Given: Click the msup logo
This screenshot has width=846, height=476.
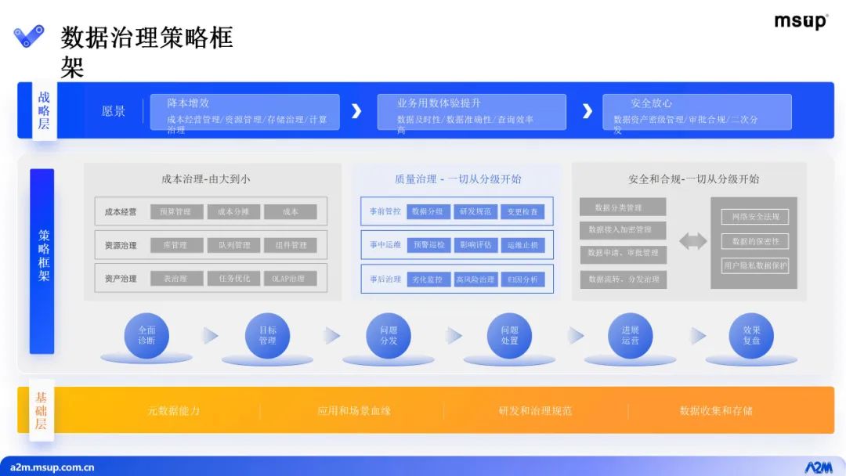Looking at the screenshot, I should pyautogui.click(x=801, y=21).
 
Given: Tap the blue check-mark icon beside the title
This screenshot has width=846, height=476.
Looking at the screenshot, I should pyautogui.click(x=29, y=36).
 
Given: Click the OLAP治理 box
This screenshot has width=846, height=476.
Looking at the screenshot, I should pyautogui.click(x=290, y=279).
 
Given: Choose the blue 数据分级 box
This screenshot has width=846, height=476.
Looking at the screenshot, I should pyautogui.click(x=428, y=211).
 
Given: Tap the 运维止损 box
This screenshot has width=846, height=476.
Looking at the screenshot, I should pyautogui.click(x=522, y=245).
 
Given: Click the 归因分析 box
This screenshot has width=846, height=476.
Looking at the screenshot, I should pyautogui.click(x=522, y=279).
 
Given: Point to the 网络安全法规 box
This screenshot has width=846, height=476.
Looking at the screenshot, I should pyautogui.click(x=754, y=217).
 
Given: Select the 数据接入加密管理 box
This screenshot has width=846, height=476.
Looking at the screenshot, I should pyautogui.click(x=623, y=230).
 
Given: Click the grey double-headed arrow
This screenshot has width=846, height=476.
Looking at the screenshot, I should pyautogui.click(x=692, y=242).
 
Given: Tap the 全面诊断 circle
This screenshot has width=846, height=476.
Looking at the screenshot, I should pyautogui.click(x=146, y=335).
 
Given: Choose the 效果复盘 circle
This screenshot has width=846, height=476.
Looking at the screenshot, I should pyautogui.click(x=751, y=335).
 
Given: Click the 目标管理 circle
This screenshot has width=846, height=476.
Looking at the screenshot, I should pyautogui.click(x=267, y=335).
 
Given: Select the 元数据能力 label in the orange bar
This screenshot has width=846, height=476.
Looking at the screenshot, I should pyautogui.click(x=174, y=410).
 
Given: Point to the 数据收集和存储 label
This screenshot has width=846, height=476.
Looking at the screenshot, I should pyautogui.click(x=716, y=410).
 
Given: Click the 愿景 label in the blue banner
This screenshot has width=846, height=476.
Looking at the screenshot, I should pyautogui.click(x=114, y=111).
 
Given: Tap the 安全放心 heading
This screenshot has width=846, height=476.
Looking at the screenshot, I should pyautogui.click(x=651, y=103).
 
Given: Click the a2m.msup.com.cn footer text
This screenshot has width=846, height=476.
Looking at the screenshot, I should pyautogui.click(x=52, y=467).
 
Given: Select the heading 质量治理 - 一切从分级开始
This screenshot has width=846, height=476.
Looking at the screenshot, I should pyautogui.click(x=457, y=179).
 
